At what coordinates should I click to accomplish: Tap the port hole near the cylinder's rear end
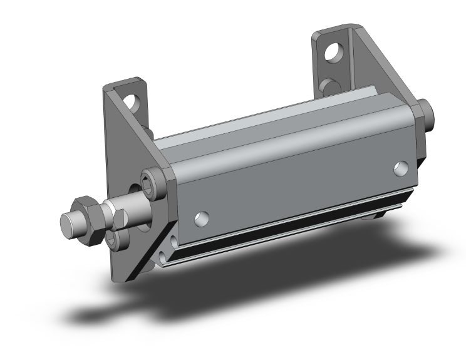pyautogui.click(x=401, y=168)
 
